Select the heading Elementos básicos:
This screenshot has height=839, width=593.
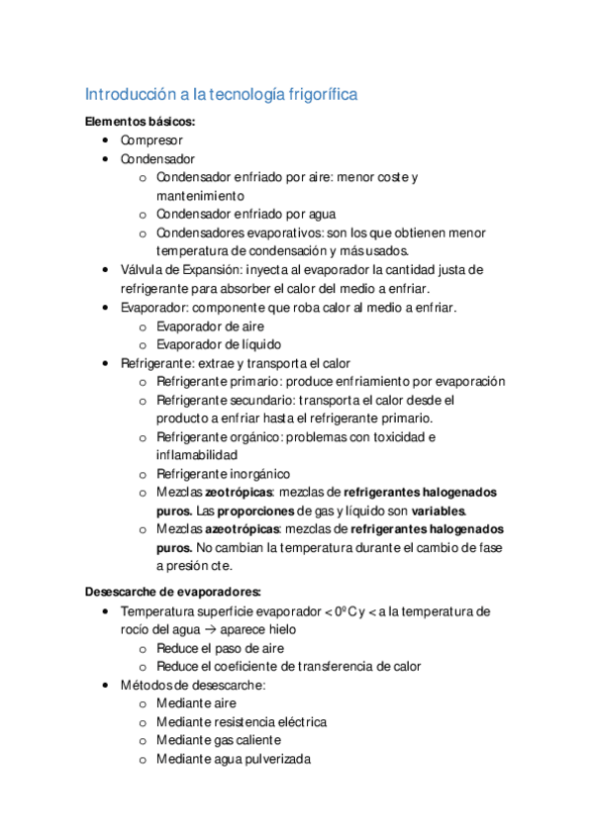pyautogui.click(x=140, y=122)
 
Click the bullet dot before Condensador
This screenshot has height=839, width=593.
pyautogui.click(x=106, y=159)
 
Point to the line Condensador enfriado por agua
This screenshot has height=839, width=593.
pyautogui.click(x=246, y=215)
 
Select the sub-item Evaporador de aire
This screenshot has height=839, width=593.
pyautogui.click(x=210, y=326)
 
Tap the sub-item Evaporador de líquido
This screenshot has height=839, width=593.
pyautogui.click(x=218, y=344)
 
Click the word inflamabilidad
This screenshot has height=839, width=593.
pyautogui.click(x=196, y=455)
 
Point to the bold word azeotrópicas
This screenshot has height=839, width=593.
pyautogui.click(x=243, y=529)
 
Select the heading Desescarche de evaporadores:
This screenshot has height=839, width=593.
pyautogui.click(x=173, y=592)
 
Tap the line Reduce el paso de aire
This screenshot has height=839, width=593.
pyautogui.click(x=221, y=648)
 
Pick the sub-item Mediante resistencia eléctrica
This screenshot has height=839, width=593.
pyautogui.click(x=242, y=722)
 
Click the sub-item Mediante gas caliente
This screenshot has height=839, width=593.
pyautogui.click(x=218, y=740)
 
